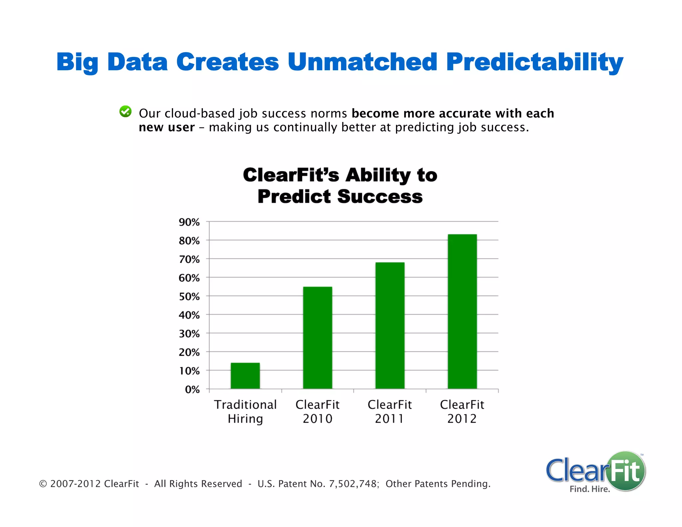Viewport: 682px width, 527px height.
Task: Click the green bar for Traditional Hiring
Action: (x=245, y=376)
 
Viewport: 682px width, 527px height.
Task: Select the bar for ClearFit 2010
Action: (x=317, y=337)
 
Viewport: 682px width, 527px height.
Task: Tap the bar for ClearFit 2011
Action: (x=390, y=325)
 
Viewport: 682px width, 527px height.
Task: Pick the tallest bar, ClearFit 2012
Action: (x=462, y=311)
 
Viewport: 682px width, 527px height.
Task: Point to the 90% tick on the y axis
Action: (x=189, y=222)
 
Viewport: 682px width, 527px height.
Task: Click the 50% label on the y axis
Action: (x=189, y=296)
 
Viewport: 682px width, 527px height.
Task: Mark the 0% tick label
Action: (x=192, y=389)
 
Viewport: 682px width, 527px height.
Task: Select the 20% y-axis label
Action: (x=189, y=352)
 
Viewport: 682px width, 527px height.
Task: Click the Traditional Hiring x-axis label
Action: (x=245, y=411)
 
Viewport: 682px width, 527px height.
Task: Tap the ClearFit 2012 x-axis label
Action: (x=462, y=411)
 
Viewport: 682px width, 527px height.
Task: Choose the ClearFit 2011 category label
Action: (x=390, y=411)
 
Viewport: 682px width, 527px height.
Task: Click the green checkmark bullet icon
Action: (x=126, y=112)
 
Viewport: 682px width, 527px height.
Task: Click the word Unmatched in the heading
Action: (x=362, y=62)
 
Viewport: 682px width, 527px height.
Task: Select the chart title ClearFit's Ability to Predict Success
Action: (x=340, y=185)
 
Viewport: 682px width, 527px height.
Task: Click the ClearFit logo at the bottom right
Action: (x=595, y=470)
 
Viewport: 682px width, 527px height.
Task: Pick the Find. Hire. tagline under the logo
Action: (x=590, y=489)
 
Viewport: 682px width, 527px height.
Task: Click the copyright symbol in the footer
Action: (x=43, y=484)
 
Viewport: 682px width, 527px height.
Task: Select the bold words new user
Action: (x=167, y=127)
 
